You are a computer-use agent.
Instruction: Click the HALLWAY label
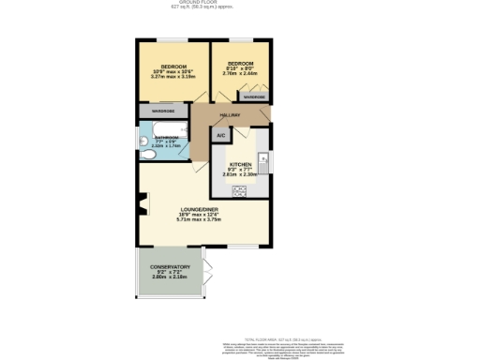(x=231, y=115)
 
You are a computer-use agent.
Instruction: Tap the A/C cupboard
(x=221, y=136)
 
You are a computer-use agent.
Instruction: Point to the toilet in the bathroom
(x=144, y=142)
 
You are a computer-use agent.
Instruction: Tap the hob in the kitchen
(x=238, y=190)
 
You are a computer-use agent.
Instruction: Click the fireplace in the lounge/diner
(x=142, y=203)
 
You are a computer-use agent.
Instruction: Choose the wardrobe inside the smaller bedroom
(x=254, y=97)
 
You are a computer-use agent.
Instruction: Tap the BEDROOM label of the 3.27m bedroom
(x=173, y=67)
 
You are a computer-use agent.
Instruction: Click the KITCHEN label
(x=241, y=164)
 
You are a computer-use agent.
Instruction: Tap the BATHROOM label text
(x=165, y=137)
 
